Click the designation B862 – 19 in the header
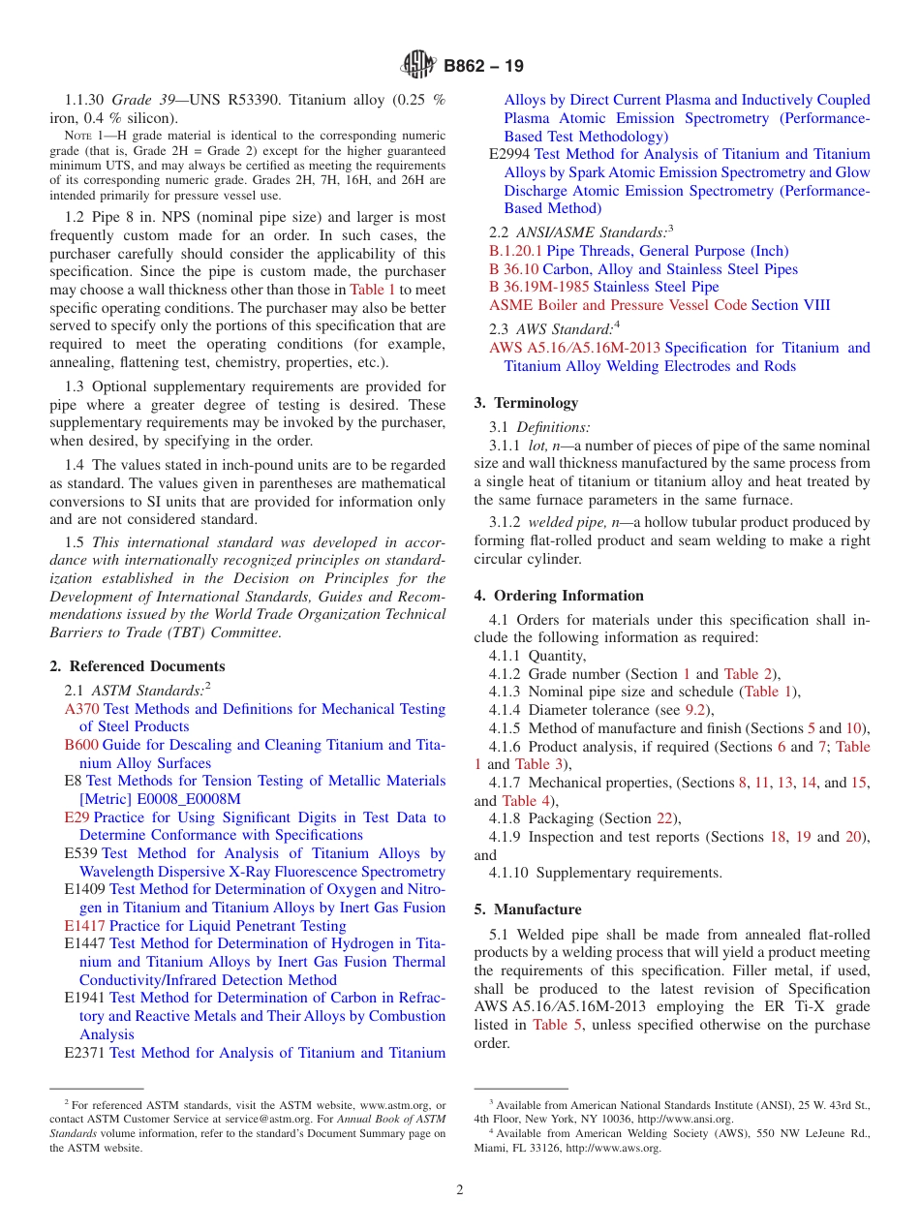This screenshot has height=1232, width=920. click(x=483, y=66)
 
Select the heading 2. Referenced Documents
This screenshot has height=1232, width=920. click(x=137, y=666)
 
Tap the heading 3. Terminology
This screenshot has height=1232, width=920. click(x=526, y=403)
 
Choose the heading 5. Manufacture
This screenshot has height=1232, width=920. click(x=528, y=909)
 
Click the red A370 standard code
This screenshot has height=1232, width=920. click(x=81, y=709)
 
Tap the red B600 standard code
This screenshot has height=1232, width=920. click(x=81, y=745)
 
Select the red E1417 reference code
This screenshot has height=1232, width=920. click(x=84, y=926)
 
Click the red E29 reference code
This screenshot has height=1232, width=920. click(x=77, y=817)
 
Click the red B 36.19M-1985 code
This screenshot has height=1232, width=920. click(x=539, y=287)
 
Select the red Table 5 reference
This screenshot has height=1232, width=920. click(x=557, y=1025)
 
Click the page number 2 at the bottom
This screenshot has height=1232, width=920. click(x=460, y=1190)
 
